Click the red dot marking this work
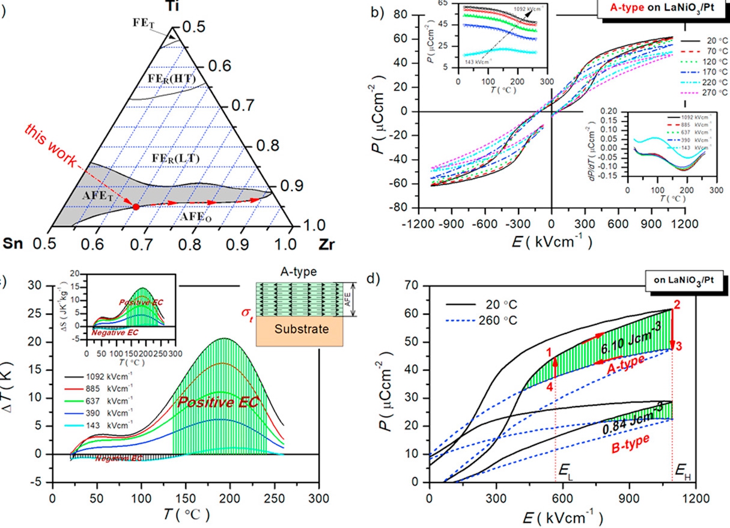[136, 207]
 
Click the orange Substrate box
[299, 329]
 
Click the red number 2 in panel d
[677, 305]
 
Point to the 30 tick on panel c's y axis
[40, 286]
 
